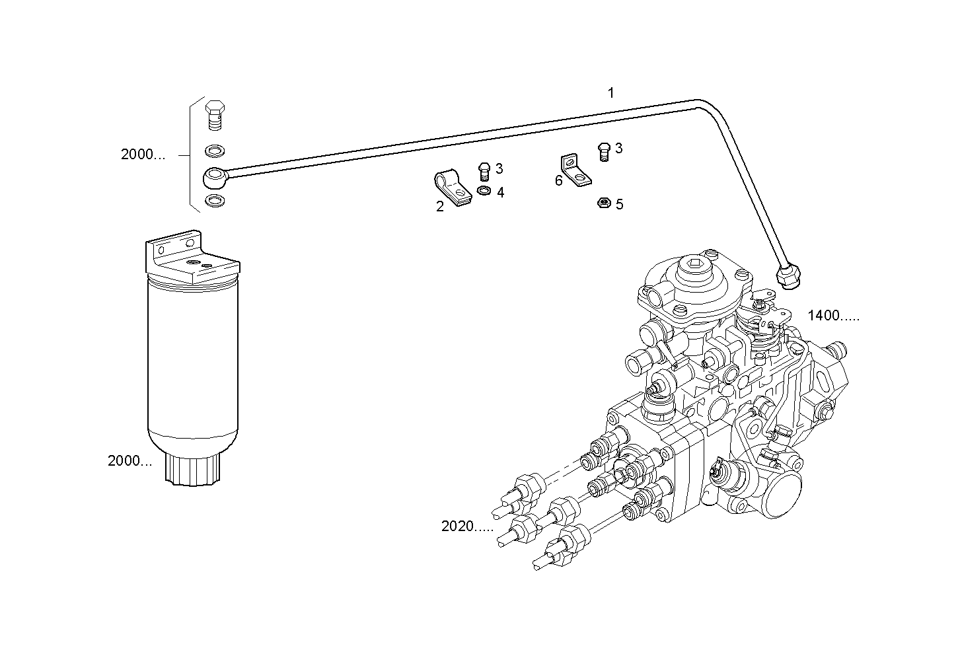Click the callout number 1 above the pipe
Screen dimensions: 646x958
[x=610, y=93]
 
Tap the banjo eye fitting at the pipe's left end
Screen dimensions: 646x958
[x=214, y=176]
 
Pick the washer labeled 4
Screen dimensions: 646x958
[x=483, y=192]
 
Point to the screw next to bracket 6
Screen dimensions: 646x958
[x=603, y=151]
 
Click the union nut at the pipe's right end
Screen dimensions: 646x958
[x=789, y=276]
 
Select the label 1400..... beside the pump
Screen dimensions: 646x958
[x=834, y=316]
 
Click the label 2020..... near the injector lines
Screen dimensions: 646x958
[x=467, y=526]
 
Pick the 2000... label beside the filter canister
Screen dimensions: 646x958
[x=129, y=461]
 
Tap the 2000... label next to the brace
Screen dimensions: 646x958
[x=143, y=155]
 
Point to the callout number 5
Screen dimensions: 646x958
[x=619, y=205]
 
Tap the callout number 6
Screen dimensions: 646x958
[x=558, y=180]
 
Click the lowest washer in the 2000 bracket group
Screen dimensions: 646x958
[x=214, y=200]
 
